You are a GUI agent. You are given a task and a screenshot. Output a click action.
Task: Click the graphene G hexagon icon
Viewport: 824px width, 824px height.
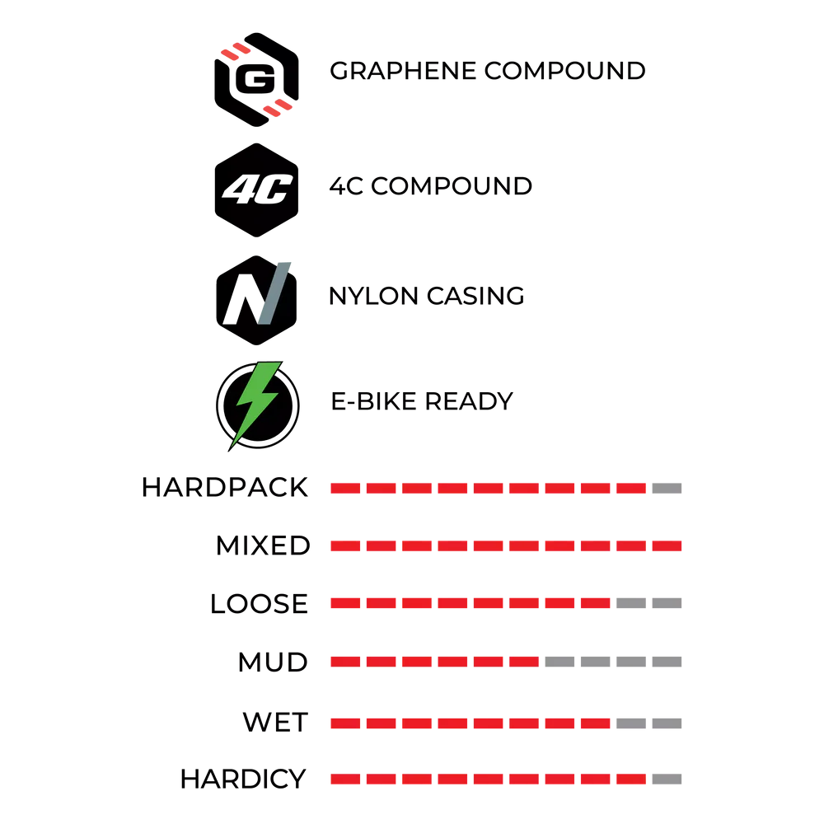(256, 79)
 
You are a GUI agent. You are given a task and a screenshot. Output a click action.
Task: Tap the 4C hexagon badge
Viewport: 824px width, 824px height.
(256, 190)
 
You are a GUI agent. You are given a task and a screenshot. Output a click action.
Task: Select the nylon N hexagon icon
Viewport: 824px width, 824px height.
(256, 300)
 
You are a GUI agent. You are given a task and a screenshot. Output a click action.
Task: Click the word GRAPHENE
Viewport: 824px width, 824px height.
(403, 70)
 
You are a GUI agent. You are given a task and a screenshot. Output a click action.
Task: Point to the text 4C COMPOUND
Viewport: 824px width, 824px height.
(431, 186)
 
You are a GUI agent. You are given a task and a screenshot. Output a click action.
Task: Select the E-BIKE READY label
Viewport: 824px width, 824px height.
(421, 401)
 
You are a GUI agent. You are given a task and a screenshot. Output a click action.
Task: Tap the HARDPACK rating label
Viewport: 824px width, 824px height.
(224, 488)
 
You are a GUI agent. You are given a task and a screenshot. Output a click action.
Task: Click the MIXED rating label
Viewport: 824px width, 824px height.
(263, 545)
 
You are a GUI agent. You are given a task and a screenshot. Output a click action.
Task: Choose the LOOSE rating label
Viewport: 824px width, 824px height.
(259, 603)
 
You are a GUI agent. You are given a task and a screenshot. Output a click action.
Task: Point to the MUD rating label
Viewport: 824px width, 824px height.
(273, 662)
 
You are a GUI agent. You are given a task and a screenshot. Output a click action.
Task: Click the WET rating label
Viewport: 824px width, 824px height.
(275, 722)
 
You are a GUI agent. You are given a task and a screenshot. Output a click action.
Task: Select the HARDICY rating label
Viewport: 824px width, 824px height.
(243, 779)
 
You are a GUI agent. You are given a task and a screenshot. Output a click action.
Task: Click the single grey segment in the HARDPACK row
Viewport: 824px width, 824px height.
(667, 488)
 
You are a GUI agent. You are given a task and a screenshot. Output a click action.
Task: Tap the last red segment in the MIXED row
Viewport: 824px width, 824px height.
(667, 546)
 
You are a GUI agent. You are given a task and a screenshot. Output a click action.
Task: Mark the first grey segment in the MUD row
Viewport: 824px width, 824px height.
(559, 662)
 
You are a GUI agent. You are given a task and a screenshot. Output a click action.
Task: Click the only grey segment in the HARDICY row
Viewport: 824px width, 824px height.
(667, 779)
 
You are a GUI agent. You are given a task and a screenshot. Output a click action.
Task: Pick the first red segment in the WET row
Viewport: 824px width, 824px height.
(345, 723)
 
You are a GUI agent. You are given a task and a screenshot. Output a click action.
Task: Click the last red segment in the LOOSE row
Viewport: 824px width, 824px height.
(596, 603)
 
